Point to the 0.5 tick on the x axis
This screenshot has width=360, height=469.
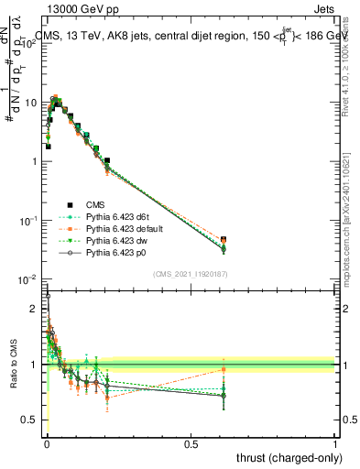tap(191, 442)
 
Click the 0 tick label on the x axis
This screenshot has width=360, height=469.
tap(47, 442)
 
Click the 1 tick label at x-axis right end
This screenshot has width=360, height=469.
tap(335, 442)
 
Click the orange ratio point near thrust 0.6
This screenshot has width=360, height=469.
tap(224, 370)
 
